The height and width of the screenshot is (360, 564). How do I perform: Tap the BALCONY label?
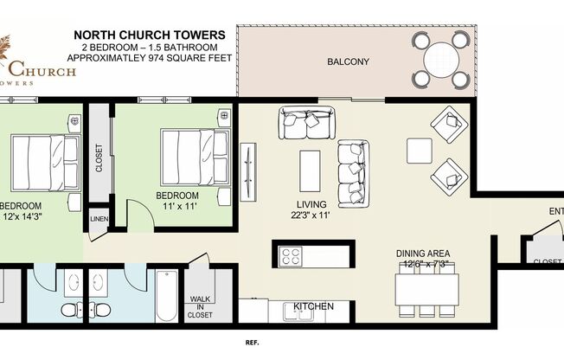tap(348, 61)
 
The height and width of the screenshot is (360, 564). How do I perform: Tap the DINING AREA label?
tap(423, 254)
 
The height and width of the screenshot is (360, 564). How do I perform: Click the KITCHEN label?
tap(313, 307)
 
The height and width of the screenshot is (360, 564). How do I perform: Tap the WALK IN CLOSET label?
tap(201, 307)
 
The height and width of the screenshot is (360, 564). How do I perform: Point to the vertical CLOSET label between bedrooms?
tap(99, 157)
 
